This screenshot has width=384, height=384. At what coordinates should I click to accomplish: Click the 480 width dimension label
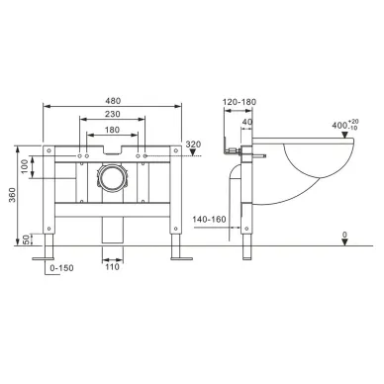point(113,100)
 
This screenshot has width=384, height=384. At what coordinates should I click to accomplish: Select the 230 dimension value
point(113,114)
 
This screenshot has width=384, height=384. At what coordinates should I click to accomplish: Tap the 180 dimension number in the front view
point(112,130)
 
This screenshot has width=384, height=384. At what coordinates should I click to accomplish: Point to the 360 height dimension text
point(12,195)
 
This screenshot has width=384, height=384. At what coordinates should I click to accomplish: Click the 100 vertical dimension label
point(25,167)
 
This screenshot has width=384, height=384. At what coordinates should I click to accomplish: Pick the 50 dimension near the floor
point(26,240)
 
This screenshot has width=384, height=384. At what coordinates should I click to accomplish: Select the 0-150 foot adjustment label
point(61,268)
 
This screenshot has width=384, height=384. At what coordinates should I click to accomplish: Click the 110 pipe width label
point(112,266)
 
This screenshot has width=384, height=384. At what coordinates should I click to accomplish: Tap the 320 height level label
point(193,144)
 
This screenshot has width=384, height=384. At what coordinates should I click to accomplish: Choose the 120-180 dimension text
point(240,102)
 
